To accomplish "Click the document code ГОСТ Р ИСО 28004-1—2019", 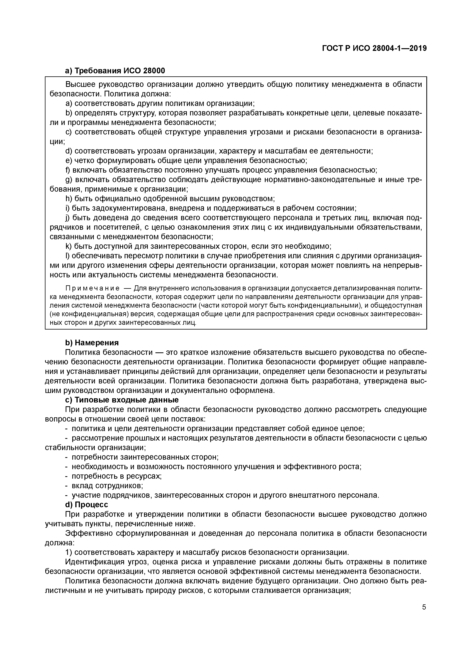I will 374,48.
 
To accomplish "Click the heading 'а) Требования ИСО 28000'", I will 115,71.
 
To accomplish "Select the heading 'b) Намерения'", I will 92,343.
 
